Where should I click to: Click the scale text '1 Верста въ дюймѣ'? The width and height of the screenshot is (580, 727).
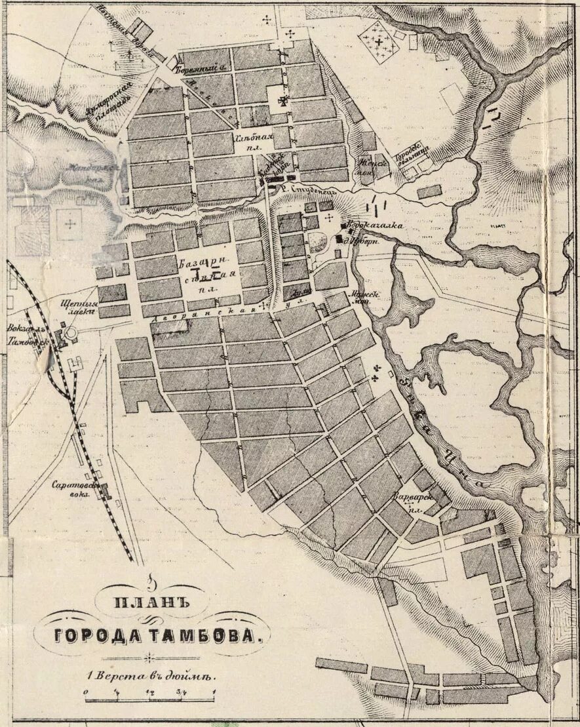[x=150, y=673]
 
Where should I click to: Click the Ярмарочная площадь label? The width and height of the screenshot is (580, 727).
[x=102, y=103]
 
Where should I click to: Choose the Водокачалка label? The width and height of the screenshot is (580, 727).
[x=374, y=226]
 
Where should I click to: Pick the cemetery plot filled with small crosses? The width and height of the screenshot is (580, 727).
[x=378, y=42]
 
